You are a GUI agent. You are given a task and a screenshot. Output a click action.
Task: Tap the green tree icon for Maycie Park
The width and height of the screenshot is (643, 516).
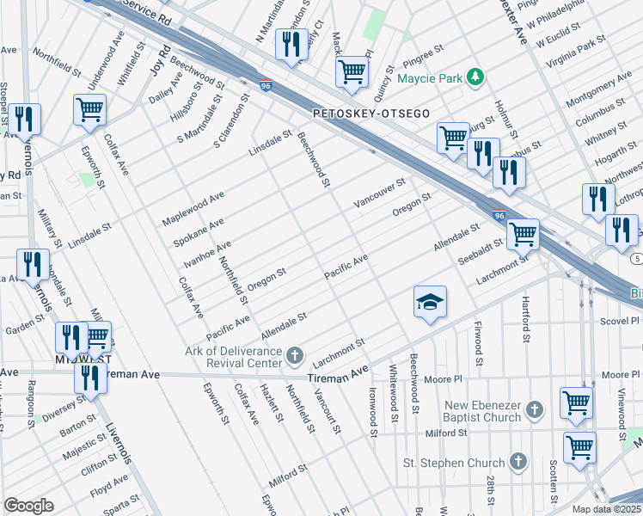(475, 78)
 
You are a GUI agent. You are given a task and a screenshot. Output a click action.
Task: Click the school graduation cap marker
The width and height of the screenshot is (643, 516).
(431, 302)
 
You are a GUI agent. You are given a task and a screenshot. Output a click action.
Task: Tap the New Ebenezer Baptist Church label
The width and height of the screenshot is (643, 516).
(482, 411)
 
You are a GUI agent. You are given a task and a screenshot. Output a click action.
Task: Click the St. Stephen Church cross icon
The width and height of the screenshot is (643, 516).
(517, 463)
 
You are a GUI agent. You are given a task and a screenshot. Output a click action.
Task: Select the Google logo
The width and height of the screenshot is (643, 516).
(28, 506)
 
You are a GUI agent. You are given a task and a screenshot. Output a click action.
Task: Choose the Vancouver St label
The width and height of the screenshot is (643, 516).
(377, 195)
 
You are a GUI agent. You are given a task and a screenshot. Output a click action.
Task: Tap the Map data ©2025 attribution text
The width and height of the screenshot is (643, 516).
(607, 509)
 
